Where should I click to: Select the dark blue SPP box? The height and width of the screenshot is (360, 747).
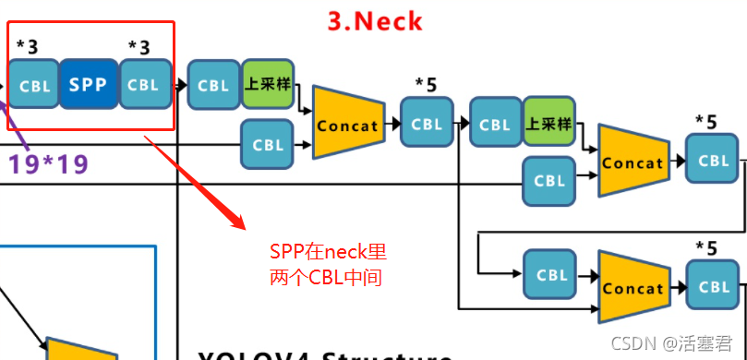pyautogui.click(x=89, y=85)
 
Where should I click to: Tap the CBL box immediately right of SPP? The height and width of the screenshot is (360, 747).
pyautogui.click(x=144, y=85)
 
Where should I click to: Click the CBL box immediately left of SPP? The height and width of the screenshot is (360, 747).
pyautogui.click(x=35, y=85)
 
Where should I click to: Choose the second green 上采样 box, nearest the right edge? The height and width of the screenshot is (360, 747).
pyautogui.click(x=548, y=124)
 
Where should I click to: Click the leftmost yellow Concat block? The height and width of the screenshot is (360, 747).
pyautogui.click(x=348, y=124)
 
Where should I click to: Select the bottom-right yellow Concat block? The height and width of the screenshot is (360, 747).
pyautogui.click(x=633, y=287)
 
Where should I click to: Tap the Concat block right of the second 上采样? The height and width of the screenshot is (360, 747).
pyautogui.click(x=633, y=162)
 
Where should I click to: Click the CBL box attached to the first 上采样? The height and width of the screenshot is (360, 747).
pyautogui.click(x=214, y=85)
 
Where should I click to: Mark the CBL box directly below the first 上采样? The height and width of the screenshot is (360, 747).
pyautogui.click(x=268, y=145)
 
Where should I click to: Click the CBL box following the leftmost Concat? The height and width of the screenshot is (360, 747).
pyautogui.click(x=427, y=124)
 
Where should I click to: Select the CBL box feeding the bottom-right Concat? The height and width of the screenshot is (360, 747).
pyautogui.click(x=551, y=274)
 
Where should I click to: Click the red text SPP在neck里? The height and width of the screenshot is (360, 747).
pyautogui.click(x=328, y=252)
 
